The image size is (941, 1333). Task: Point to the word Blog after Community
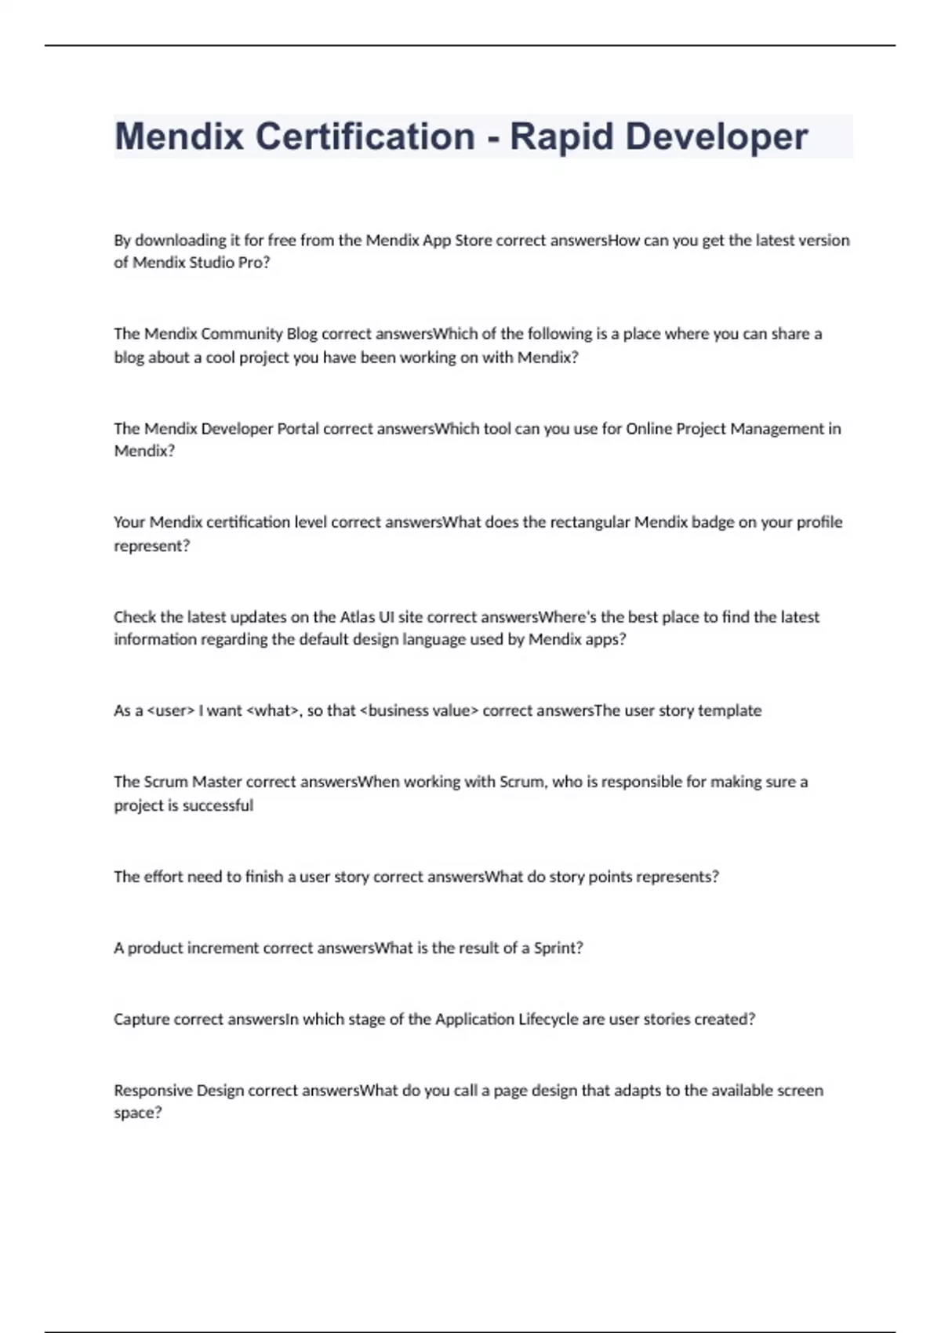[x=302, y=334]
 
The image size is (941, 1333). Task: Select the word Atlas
[x=357, y=617]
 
